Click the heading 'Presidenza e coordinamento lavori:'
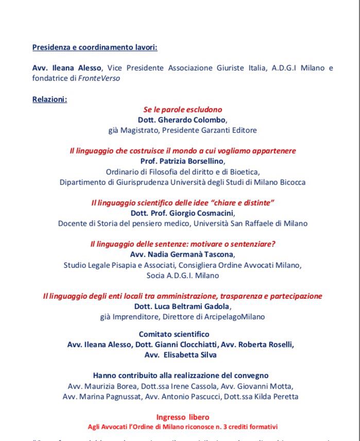(x=95, y=47)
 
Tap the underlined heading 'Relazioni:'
(x=49, y=99)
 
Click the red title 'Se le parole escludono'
(x=183, y=110)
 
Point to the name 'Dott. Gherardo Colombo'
(x=183, y=120)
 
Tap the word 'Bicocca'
(x=292, y=182)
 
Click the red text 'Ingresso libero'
(x=183, y=416)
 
